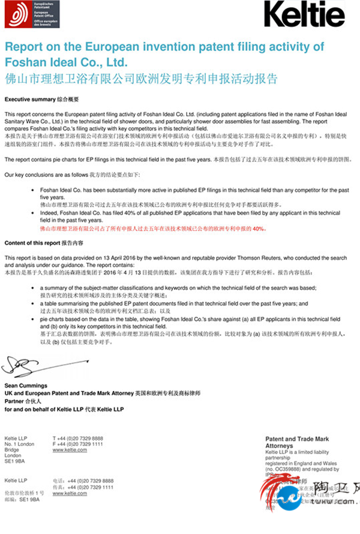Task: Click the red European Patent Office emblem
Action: coord(17,13)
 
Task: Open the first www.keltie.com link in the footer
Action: coord(70,450)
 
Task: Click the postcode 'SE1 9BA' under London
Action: coord(15,461)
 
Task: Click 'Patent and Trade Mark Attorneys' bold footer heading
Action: coord(297,443)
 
